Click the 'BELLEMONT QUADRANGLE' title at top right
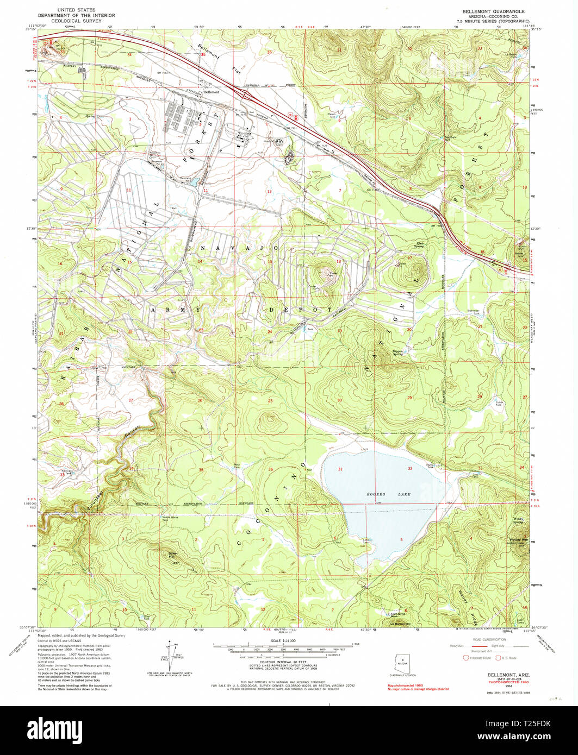[493, 11]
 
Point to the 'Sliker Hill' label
[173, 555]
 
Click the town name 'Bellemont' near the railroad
[212, 92]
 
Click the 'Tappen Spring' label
[401, 353]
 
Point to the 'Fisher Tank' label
[498, 403]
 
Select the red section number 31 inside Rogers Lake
[340, 469]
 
